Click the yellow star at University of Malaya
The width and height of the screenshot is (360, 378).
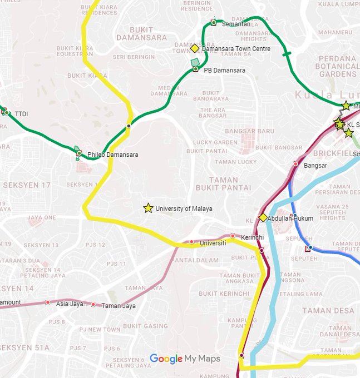coord(148,208)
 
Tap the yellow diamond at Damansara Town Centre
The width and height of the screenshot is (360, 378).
coord(194,49)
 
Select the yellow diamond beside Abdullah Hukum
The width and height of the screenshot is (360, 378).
coord(263,217)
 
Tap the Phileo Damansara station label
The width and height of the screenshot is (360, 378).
coord(113,155)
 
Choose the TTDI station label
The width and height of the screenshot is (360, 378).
coord(21,115)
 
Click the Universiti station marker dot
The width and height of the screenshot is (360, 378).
coord(191,242)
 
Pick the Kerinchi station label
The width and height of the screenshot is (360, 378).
coord(253,237)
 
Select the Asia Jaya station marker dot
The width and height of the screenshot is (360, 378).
coord(48,302)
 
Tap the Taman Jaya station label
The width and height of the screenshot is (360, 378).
coord(118,306)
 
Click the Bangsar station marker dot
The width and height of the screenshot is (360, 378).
coord(295,163)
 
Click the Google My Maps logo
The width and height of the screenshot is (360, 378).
coord(185,359)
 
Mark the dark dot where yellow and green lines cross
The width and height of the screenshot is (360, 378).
coord(129,126)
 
